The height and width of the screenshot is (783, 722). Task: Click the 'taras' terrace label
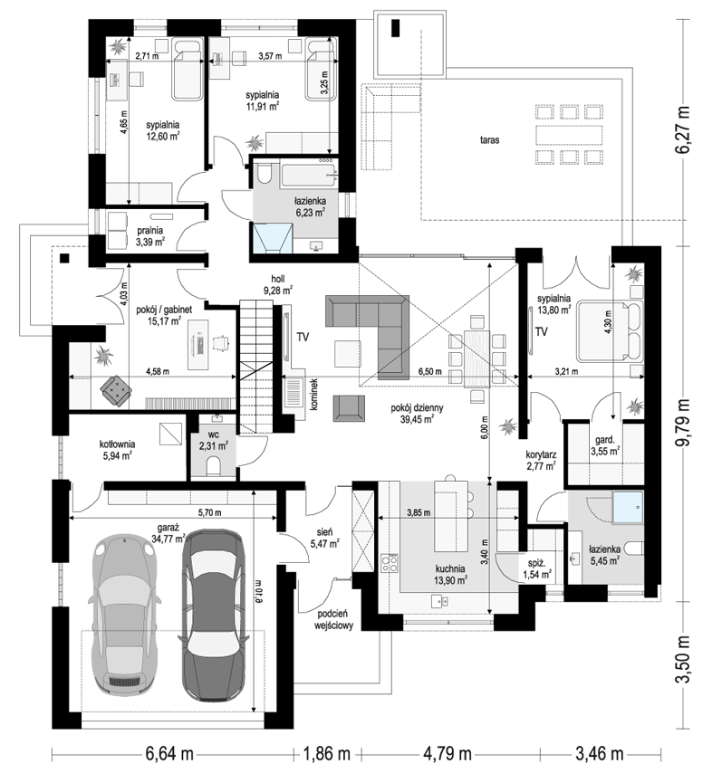tap(490, 140)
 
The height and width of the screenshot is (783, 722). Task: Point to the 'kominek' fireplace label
tap(314, 395)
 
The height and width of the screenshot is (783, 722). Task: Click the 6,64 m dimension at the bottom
tap(170, 753)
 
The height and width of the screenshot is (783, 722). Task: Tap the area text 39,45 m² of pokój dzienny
tap(417, 419)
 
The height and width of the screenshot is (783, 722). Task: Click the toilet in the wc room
tap(214, 466)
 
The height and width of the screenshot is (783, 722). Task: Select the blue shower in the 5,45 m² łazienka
tap(628, 507)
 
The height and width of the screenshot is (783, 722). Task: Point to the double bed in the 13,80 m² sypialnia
tap(609, 330)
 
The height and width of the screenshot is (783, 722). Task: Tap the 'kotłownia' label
tap(118, 444)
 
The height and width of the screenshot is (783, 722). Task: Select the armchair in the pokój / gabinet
tap(117, 389)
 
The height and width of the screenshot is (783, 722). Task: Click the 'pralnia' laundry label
tap(149, 231)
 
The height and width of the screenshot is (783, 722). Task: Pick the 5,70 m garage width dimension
tap(210, 512)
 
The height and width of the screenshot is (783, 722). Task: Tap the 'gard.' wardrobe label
tap(604, 440)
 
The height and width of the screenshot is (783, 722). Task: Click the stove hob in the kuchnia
tap(390, 564)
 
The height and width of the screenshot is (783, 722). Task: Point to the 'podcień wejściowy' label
tap(333, 619)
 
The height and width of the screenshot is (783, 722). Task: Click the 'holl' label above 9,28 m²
tap(278, 279)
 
